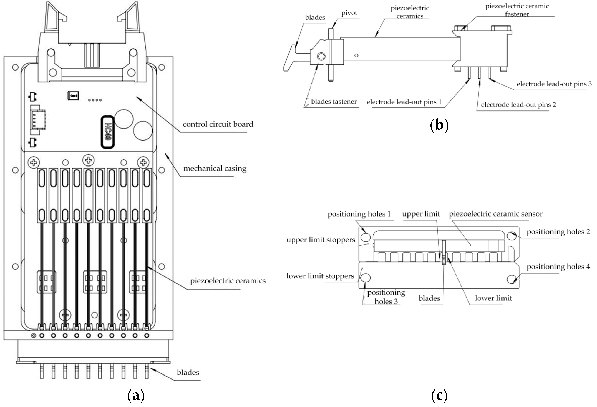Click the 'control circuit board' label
click(x=218, y=124)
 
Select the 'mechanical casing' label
click(x=215, y=168)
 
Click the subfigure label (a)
click(x=136, y=396)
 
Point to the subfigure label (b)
click(x=439, y=125)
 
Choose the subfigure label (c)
click(x=439, y=396)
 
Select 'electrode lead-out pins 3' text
click(x=554, y=84)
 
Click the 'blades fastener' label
click(x=334, y=102)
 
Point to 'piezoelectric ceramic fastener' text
click(x=517, y=10)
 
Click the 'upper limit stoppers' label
click(x=321, y=240)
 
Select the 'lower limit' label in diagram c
click(x=493, y=298)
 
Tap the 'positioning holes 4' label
click(x=558, y=267)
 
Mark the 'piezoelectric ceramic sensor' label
click(x=495, y=214)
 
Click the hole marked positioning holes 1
click(x=366, y=237)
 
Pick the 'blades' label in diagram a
click(x=188, y=373)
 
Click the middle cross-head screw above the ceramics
click(x=88, y=160)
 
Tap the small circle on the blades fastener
click(x=321, y=56)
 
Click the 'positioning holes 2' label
click(x=558, y=232)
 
